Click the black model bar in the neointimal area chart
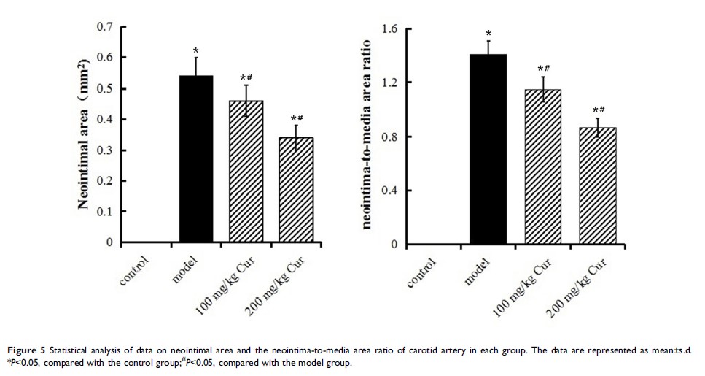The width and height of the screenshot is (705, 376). click(x=195, y=159)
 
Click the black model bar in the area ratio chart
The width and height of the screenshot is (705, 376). click(x=488, y=150)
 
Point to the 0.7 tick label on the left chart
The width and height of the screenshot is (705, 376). click(x=105, y=27)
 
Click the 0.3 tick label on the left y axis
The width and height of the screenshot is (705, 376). click(x=105, y=150)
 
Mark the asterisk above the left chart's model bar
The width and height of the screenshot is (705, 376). click(x=196, y=51)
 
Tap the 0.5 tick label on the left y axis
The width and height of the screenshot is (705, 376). click(x=105, y=89)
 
